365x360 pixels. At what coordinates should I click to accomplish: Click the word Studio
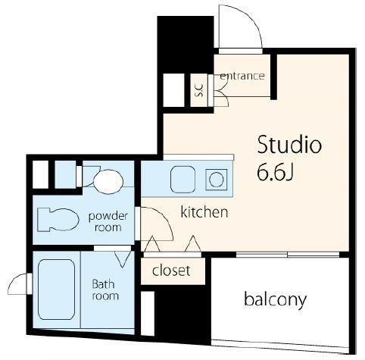[289, 145]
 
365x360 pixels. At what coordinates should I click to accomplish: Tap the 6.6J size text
[275, 172]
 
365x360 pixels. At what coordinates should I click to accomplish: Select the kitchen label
[204, 211]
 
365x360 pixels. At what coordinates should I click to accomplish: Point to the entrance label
[242, 76]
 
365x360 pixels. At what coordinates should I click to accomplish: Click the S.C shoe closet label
[199, 90]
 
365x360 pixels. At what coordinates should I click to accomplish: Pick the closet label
[171, 271]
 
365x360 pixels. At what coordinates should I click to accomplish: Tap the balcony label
[275, 300]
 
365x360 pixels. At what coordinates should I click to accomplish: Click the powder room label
[108, 221]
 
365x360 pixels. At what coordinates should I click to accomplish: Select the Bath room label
[105, 290]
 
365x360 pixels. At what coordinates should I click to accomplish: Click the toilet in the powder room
[58, 220]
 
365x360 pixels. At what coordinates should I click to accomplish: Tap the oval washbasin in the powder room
[108, 182]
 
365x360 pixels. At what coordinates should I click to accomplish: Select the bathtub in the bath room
[56, 290]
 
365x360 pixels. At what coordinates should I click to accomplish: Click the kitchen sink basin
[183, 180]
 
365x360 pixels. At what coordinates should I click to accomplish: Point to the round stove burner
[217, 180]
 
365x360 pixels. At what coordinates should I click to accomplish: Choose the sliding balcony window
[288, 255]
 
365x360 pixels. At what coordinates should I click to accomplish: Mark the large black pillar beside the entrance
[186, 44]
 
